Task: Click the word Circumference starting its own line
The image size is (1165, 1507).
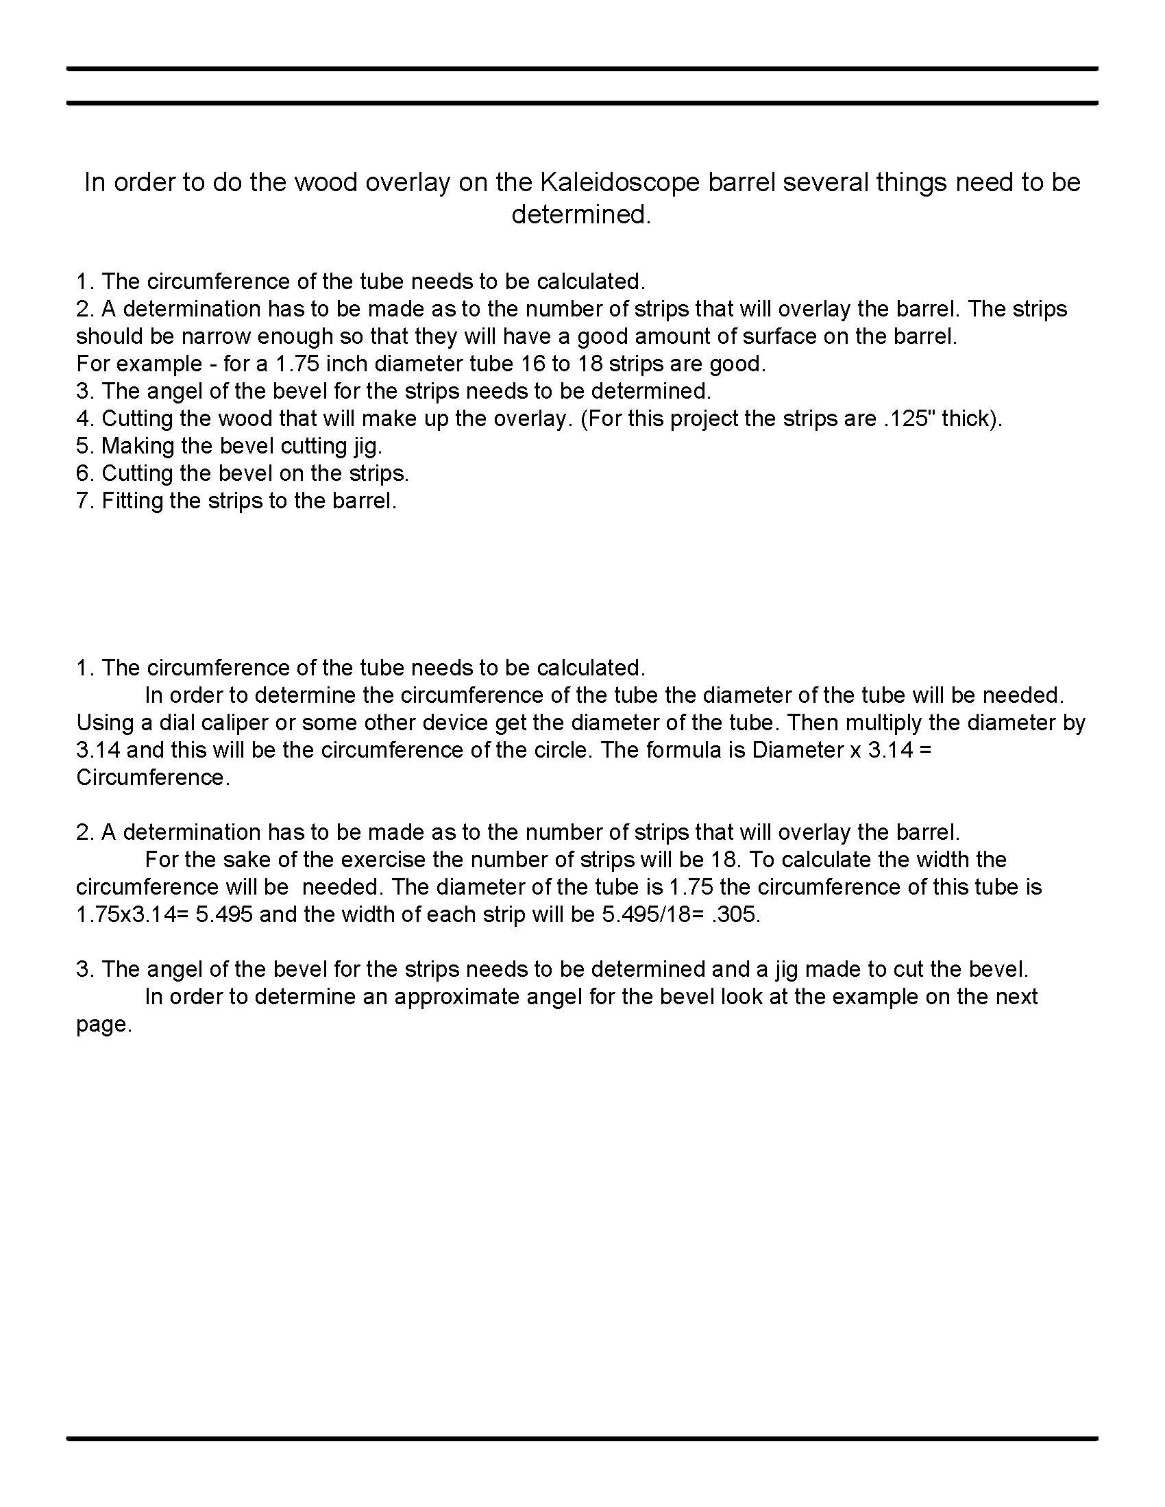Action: (151, 777)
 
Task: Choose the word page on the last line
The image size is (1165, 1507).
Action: (102, 1025)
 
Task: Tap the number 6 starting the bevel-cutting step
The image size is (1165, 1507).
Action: (83, 474)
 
